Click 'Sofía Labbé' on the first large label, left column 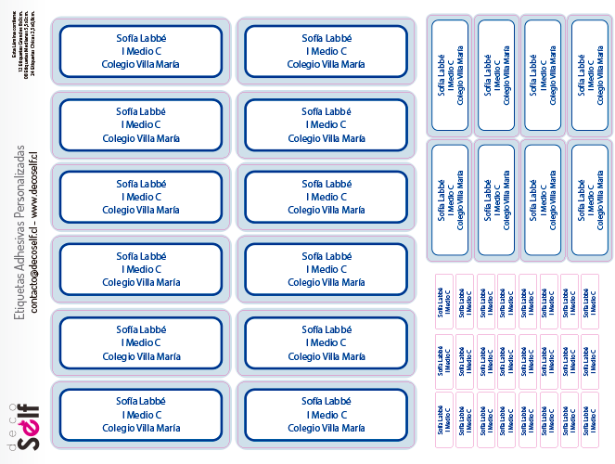141,38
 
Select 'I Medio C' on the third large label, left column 141,197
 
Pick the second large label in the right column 326,124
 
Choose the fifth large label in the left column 141,342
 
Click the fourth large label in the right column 326,269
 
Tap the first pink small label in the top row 443,302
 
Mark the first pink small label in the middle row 443,362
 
